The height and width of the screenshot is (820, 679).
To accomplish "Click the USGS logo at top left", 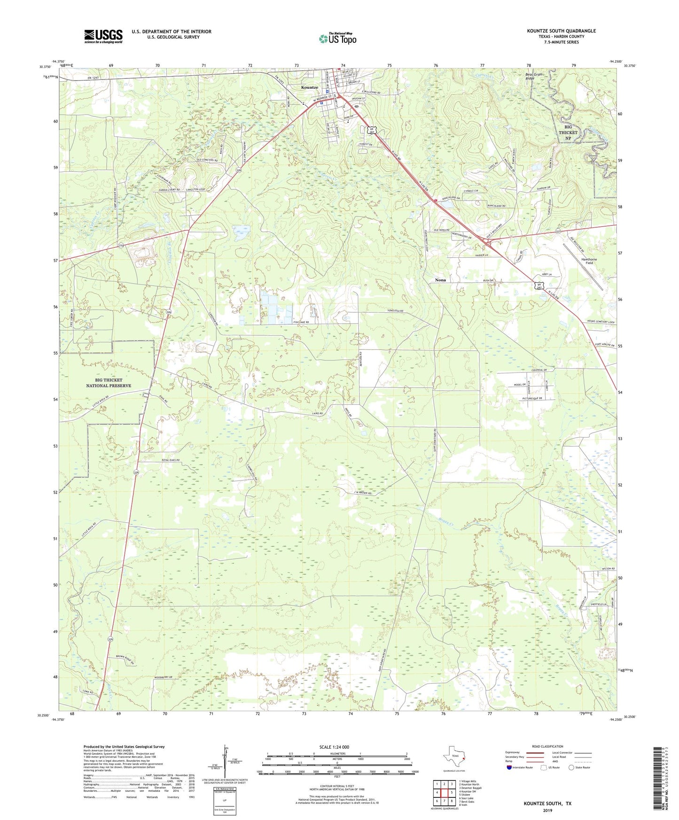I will tap(103, 36).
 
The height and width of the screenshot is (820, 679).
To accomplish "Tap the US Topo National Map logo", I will tap(337, 39).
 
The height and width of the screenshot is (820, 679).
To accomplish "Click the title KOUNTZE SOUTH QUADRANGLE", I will tap(561, 31).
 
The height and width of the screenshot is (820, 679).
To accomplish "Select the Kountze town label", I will tap(310, 87).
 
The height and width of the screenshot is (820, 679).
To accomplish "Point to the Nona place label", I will tap(440, 280).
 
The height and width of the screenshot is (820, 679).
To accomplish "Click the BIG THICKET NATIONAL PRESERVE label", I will tap(109, 383).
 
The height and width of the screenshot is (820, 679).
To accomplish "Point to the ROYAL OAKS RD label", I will tap(171, 460).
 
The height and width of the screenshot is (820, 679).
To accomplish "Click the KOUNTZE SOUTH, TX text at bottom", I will tap(547, 804).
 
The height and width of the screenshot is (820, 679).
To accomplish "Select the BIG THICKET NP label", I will tap(568, 132).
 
